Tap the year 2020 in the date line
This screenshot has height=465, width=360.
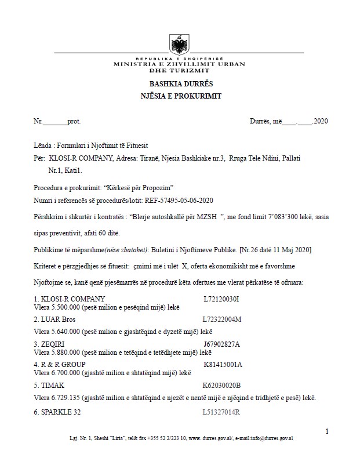(x=321, y=122)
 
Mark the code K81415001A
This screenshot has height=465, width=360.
(x=223, y=364)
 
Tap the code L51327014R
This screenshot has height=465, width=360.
(x=221, y=412)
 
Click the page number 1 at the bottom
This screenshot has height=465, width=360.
(x=328, y=431)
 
